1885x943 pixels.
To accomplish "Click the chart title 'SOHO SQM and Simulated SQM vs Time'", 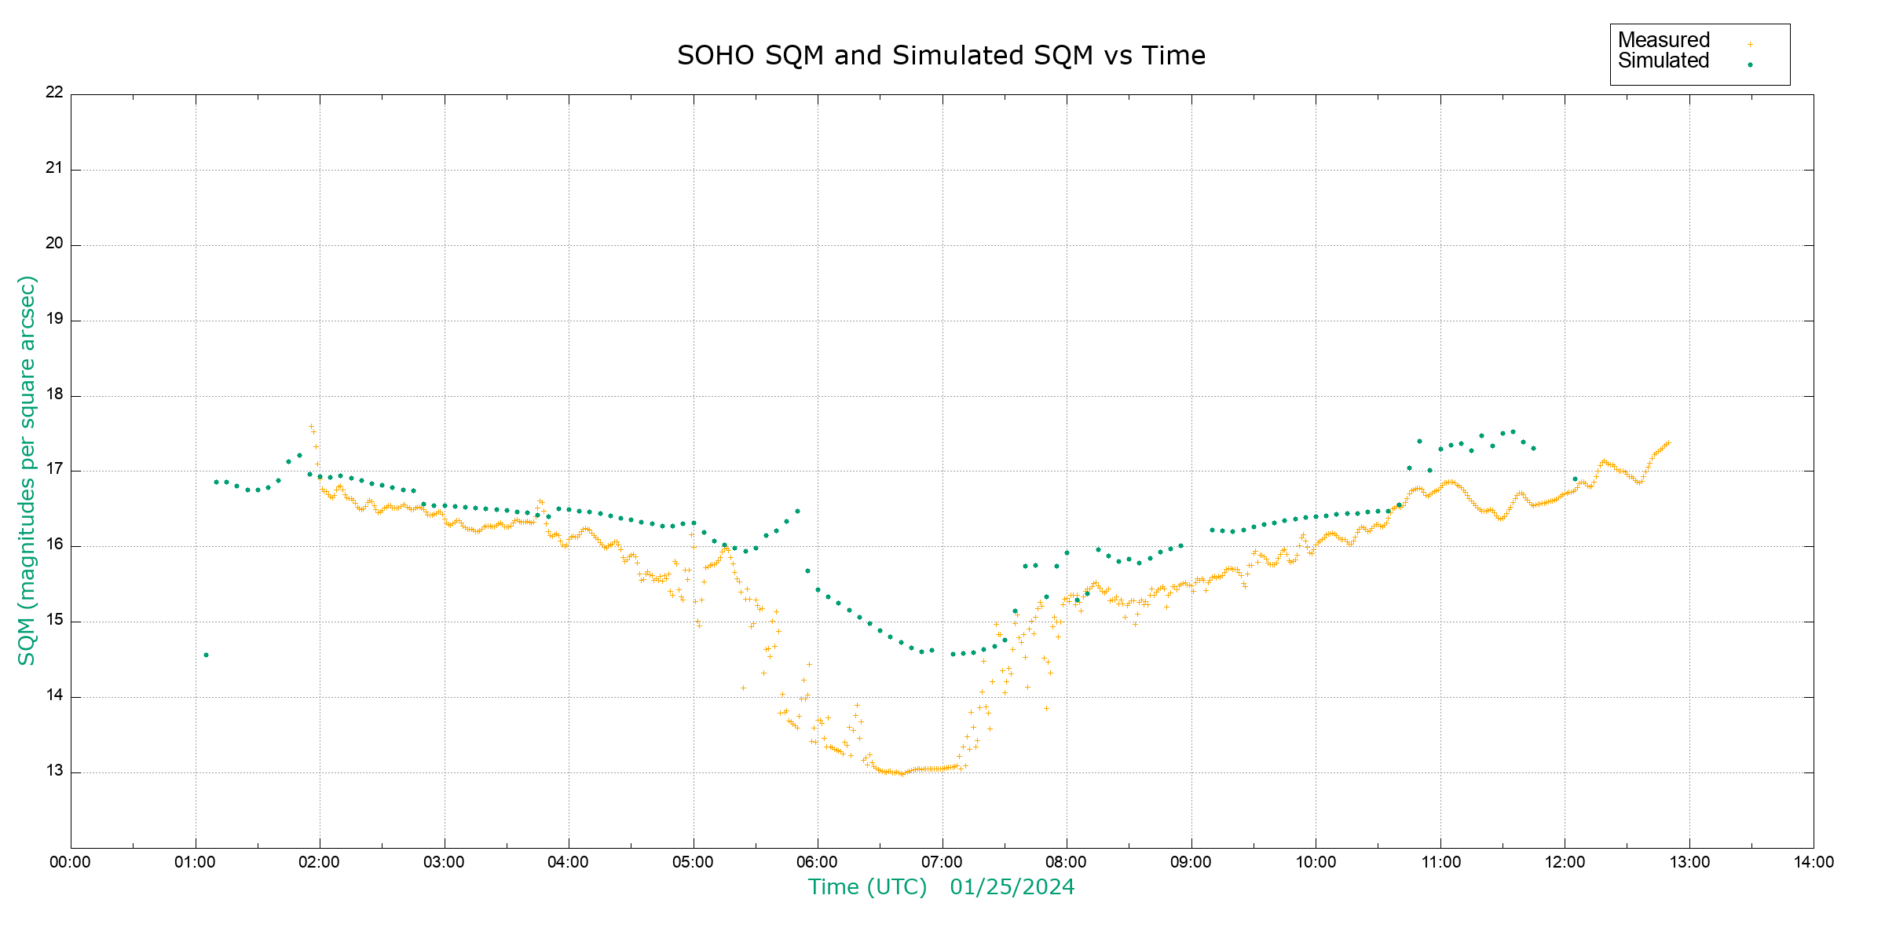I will tap(941, 56).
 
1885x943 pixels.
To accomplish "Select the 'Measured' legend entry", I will tap(1664, 40).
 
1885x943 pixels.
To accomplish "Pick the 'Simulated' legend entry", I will tap(1664, 61).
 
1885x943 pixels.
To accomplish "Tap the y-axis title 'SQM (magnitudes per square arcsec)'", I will tap(27, 470).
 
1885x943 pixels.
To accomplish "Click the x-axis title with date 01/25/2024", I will tap(941, 887).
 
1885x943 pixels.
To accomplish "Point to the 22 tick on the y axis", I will tap(54, 92).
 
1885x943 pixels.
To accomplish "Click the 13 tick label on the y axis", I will tap(54, 771).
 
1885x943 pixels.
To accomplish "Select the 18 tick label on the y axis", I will tap(54, 394).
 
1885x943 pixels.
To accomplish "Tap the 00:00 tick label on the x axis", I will tap(70, 862).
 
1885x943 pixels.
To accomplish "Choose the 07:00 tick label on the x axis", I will tap(942, 862).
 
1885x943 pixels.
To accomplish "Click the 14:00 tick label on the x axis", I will tap(1814, 862).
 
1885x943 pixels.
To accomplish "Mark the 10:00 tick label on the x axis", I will tap(1316, 862).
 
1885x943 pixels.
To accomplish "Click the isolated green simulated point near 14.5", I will tap(206, 655).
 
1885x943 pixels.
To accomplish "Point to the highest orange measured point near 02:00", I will tap(311, 427).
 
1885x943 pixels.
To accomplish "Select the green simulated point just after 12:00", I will tap(1575, 479).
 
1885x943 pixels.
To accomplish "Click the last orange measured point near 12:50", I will tap(1668, 442).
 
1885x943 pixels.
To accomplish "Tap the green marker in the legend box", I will tap(1750, 64).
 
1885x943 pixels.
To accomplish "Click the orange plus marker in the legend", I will tap(1750, 44).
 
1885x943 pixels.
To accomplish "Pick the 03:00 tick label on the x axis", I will tap(444, 862).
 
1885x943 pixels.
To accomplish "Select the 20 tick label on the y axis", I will tap(54, 244).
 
